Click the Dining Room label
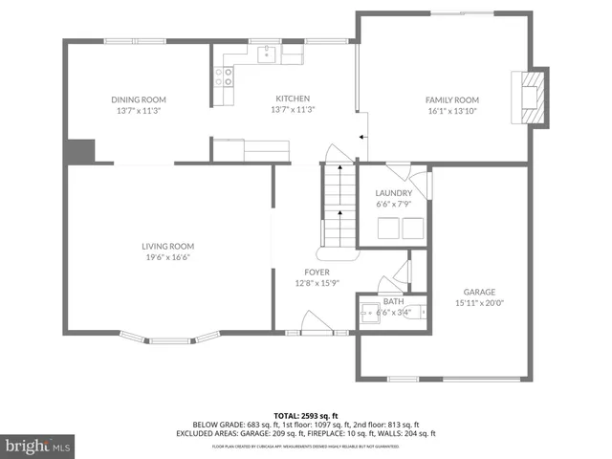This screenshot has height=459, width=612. pyautogui.click(x=139, y=99)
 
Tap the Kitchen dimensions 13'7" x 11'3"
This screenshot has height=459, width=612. pyautogui.click(x=294, y=110)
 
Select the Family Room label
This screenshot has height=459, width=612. pyautogui.click(x=451, y=99)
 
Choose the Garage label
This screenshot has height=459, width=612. pyautogui.click(x=479, y=293)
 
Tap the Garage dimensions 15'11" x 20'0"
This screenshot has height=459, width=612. pyautogui.click(x=479, y=303)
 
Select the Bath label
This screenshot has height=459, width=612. pyautogui.click(x=394, y=301)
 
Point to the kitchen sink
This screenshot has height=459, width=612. pyautogui.click(x=268, y=54)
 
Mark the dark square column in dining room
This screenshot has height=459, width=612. pyautogui.click(x=81, y=151)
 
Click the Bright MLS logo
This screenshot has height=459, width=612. pyautogui.click(x=37, y=446)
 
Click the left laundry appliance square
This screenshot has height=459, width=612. pyautogui.click(x=387, y=228)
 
